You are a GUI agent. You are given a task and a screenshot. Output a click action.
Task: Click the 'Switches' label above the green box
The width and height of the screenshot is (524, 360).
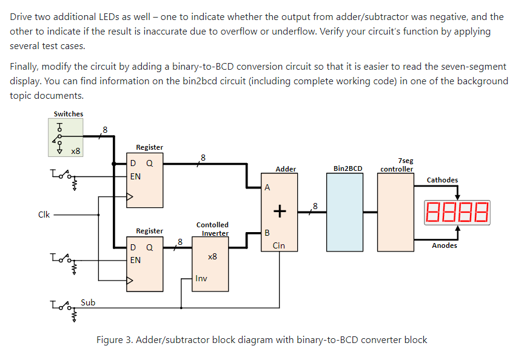point(69,114)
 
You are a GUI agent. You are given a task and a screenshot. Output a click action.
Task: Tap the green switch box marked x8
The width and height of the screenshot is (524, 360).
point(66,138)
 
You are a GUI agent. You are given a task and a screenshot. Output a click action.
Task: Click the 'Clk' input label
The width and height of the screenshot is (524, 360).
point(44,214)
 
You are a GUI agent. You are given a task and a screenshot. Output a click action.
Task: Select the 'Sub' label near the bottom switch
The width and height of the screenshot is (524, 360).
point(87,302)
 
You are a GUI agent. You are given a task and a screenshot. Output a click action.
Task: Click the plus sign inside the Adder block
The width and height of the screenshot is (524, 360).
point(279,211)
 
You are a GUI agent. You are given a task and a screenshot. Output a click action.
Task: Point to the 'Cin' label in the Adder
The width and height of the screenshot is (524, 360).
point(278,245)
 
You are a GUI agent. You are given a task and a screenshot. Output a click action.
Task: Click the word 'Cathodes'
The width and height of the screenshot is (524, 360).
point(442,180)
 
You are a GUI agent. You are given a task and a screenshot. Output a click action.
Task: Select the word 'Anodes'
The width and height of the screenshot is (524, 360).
point(445,245)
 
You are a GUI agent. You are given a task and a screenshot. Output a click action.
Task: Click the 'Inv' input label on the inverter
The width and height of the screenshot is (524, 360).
point(201,279)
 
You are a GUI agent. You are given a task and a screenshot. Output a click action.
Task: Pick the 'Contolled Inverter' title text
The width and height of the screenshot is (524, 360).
point(213,229)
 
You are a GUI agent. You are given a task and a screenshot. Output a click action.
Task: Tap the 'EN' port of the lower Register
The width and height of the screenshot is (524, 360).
point(136,260)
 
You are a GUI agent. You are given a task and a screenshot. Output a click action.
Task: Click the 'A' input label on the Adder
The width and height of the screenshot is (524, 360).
point(267,188)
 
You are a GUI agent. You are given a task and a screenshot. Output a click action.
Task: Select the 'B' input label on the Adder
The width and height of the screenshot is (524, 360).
point(267,233)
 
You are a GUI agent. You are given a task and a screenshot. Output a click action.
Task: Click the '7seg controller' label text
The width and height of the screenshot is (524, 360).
point(397,165)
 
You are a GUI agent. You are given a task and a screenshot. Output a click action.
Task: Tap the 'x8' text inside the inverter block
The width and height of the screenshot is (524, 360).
point(212,257)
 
